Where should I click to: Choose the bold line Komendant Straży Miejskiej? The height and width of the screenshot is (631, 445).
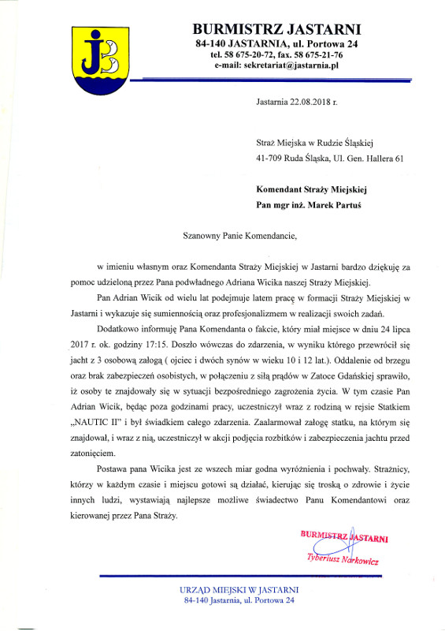312,189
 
